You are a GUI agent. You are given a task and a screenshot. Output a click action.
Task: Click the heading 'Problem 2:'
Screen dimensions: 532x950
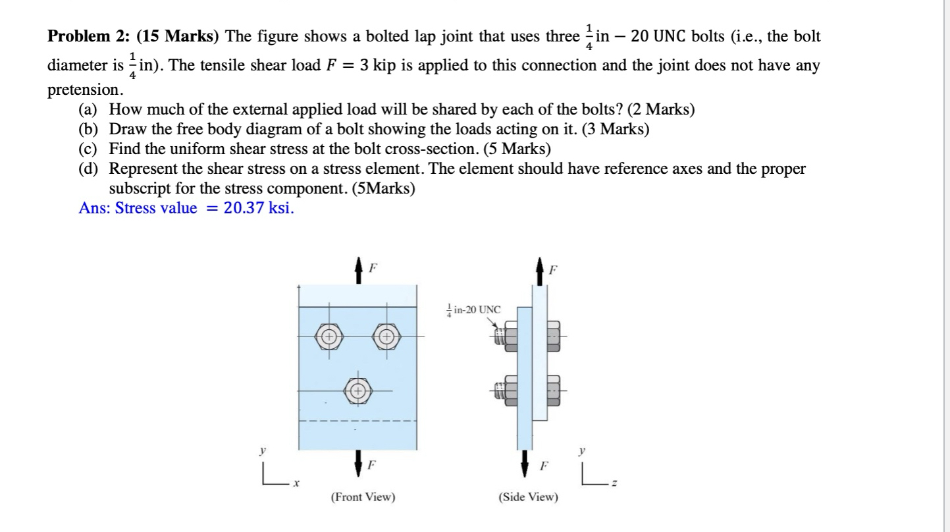89,36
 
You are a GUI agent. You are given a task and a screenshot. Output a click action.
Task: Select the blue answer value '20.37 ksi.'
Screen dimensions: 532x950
259,209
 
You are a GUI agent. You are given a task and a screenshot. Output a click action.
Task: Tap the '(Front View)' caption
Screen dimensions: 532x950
363,497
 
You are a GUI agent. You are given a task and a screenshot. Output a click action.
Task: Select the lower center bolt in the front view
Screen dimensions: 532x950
357,390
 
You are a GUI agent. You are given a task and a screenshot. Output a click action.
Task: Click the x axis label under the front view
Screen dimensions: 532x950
297,483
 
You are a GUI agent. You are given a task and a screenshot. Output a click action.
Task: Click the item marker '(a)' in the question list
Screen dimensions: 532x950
90,110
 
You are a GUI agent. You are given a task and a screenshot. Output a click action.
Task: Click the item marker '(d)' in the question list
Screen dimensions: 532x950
90,169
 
